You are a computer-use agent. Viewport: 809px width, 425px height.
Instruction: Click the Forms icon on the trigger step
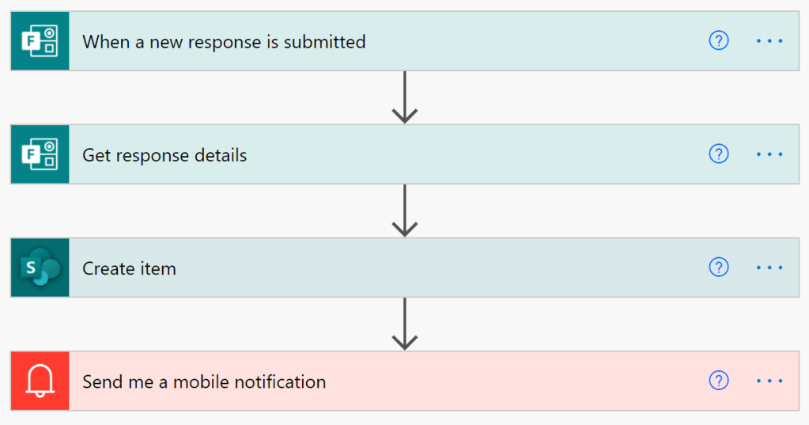point(40,41)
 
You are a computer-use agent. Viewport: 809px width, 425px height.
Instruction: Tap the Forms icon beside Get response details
point(40,154)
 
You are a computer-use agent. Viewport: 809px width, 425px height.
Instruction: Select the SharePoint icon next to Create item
point(40,268)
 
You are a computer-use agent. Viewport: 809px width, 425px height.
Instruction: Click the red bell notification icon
point(40,381)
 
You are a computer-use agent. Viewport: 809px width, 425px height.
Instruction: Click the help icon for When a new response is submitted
point(718,41)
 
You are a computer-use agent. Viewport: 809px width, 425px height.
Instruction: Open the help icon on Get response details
point(718,154)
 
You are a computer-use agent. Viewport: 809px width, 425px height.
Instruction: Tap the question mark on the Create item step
point(718,268)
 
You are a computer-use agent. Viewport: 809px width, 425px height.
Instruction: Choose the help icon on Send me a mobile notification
point(718,381)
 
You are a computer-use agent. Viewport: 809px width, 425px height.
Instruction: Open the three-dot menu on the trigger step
point(769,41)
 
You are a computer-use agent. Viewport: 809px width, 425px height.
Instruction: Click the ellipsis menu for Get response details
point(769,154)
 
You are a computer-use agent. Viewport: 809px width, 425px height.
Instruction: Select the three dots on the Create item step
point(769,268)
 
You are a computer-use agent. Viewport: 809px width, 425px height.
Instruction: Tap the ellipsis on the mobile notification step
point(769,381)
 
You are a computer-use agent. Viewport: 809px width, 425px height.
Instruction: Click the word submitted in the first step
point(324,42)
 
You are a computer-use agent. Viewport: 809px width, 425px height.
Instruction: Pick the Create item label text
point(129,268)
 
